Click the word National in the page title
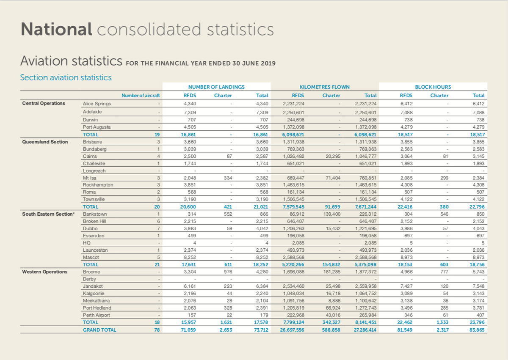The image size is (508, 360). point(56,30)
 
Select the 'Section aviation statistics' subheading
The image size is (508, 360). point(66,77)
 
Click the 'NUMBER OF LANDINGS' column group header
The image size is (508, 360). point(216,87)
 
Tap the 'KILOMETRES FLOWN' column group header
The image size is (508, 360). point(324,87)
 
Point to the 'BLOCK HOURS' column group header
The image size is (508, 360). point(433,87)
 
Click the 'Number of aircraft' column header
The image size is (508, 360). point(141,96)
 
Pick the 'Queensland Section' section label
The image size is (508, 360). point(45,142)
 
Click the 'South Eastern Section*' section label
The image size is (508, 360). point(48,214)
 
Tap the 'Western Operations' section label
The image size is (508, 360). point(44,272)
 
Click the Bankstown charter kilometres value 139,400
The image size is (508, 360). point(331,214)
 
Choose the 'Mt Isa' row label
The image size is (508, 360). point(90,178)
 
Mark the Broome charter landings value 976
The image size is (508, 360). point(227,272)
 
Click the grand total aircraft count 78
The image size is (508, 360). point(157,330)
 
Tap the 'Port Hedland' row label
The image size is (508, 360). point(97,308)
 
